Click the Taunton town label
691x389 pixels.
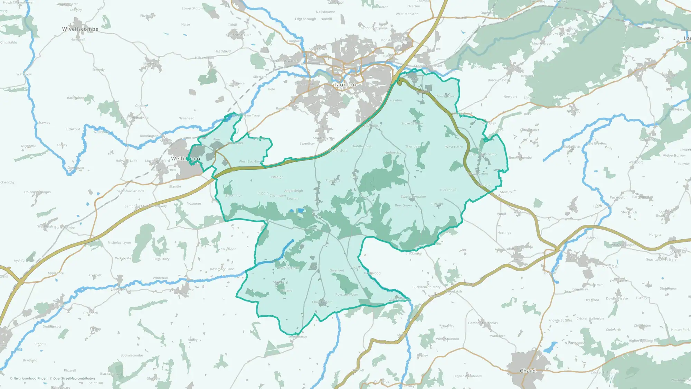(344, 85)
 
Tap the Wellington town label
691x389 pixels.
(186, 159)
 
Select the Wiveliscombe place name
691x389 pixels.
(80, 29)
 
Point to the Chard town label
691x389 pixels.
(528, 371)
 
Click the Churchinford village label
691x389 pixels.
(322, 302)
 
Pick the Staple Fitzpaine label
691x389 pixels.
(413, 197)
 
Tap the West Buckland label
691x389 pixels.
(250, 161)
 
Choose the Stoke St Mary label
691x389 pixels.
(412, 123)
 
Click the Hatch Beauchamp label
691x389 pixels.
(483, 154)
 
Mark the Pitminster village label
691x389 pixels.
(333, 180)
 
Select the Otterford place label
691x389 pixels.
(337, 270)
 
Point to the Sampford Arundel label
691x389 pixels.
(131, 191)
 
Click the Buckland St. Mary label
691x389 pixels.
(426, 287)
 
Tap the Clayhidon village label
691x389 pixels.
(228, 249)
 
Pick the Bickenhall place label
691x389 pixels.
(448, 190)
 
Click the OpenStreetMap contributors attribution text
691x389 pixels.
(73, 379)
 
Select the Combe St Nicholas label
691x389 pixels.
(483, 323)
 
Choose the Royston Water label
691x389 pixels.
(347, 295)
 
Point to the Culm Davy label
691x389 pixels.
(161, 259)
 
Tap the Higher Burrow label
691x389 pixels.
(674, 156)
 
